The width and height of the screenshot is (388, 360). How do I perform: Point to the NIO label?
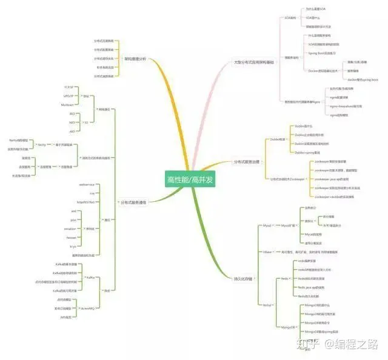coord(72,122)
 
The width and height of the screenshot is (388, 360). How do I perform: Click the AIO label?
coord(72,130)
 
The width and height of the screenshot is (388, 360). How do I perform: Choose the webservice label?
coord(87,184)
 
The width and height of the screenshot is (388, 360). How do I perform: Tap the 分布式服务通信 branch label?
coord(133,201)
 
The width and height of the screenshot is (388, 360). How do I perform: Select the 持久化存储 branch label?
coord(243,278)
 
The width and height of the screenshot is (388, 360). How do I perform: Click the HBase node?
coord(267,251)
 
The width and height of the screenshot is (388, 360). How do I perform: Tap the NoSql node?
coord(267,304)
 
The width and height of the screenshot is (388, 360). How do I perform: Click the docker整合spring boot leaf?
coord(363,79)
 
